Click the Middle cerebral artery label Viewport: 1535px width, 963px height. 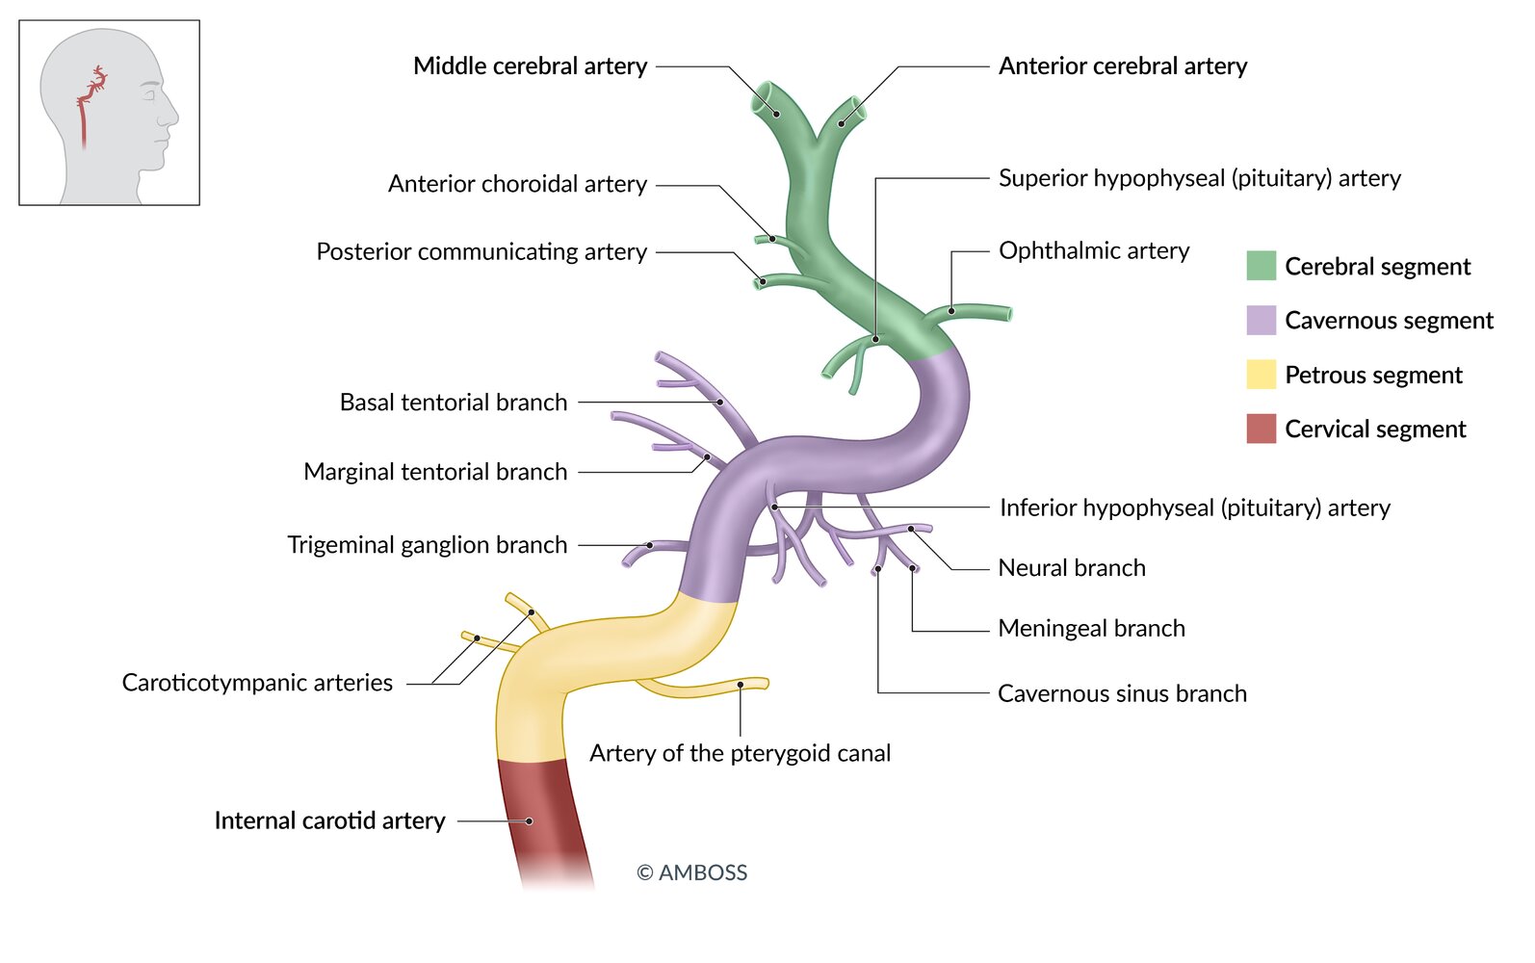pos(530,66)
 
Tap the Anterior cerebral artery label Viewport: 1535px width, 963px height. pos(1122,66)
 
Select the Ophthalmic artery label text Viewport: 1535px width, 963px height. pos(1093,251)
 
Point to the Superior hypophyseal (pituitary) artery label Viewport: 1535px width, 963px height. pos(1199,178)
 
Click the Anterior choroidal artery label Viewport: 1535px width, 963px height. pos(517,184)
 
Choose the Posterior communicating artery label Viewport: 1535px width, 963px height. pos(481,252)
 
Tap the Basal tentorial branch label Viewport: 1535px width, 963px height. pos(454,403)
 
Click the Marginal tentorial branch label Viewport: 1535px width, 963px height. pos(435,472)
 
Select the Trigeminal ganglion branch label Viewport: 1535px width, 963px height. pos(428,545)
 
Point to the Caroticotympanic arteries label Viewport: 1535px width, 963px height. pos(257,683)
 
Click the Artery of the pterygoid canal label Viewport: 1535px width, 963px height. pos(740,753)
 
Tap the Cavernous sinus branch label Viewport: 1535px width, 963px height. pos(1122,693)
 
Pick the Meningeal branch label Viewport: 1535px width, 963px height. pos(1091,629)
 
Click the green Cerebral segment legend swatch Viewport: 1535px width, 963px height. pos(1261,266)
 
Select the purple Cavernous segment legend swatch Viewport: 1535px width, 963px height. pos(1261,320)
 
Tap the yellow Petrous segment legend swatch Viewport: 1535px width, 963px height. pos(1261,375)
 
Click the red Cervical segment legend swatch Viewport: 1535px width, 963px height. pos(1261,429)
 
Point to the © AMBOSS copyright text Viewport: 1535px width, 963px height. pos(691,872)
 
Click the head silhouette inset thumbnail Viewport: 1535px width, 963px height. pos(110,113)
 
